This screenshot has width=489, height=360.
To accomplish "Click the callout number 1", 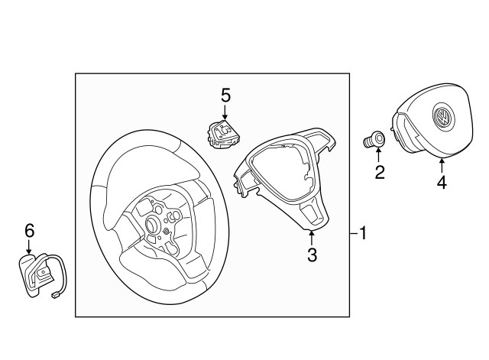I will click(x=364, y=233).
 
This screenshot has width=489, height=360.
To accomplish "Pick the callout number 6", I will click(x=30, y=229).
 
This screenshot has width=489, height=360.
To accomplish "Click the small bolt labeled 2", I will click(x=374, y=141).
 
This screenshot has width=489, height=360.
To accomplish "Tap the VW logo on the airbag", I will click(x=442, y=118).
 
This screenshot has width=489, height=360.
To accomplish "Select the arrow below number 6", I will click(x=30, y=246).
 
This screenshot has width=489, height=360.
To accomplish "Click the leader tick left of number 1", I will click(x=353, y=233).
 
